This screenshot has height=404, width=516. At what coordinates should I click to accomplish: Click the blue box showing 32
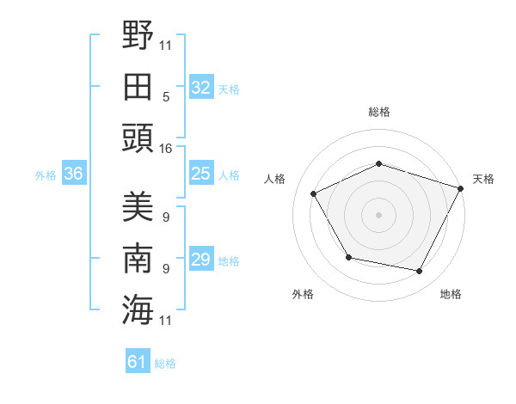(200, 88)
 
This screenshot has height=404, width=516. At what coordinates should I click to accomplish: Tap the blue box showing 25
(200, 174)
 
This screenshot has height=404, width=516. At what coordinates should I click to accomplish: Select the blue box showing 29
(200, 260)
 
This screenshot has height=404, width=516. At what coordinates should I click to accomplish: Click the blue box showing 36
(73, 174)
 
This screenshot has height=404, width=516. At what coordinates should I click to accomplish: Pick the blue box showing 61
(137, 363)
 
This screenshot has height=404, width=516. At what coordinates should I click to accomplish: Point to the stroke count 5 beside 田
(165, 97)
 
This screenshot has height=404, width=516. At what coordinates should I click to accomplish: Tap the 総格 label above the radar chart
(379, 112)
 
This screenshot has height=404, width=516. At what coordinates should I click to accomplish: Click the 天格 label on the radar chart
(483, 179)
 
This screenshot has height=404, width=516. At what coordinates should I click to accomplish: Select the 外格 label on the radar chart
(303, 295)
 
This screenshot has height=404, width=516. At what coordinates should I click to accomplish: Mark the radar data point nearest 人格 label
(314, 193)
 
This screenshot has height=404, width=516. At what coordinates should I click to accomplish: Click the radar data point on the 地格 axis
(420, 272)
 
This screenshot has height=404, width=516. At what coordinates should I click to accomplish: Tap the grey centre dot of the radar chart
(379, 214)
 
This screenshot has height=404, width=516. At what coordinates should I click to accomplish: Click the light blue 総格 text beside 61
(165, 364)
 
